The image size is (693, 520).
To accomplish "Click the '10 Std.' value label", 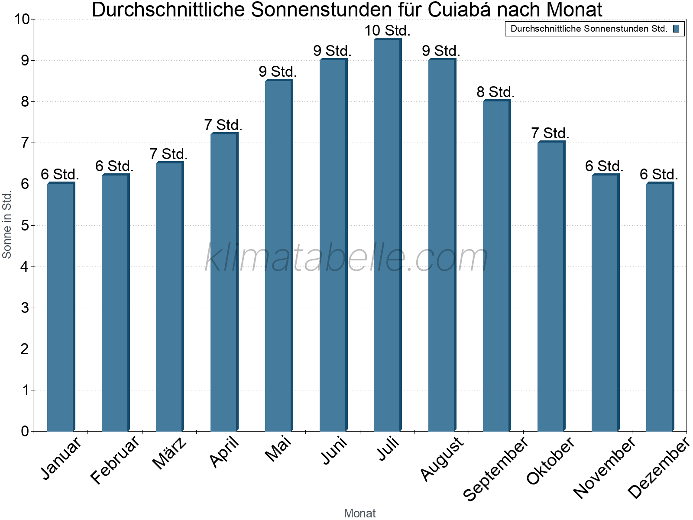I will [387, 31].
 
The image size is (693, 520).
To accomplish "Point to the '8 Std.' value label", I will [496, 92].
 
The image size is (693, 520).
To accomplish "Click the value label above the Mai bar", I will [278, 71].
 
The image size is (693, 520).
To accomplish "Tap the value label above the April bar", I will [223, 125].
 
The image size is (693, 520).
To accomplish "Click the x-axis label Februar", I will [115, 459].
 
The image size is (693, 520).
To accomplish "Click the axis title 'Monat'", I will [359, 513].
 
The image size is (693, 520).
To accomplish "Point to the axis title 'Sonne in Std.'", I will [7, 225].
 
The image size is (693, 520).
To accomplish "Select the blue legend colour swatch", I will [676, 29].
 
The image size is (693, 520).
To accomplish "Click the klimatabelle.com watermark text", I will [346, 258].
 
